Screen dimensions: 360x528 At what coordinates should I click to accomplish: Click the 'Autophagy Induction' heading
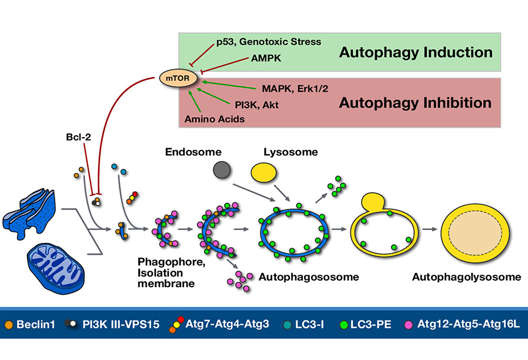coord(416,52)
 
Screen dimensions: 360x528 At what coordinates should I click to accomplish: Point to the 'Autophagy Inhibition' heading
coord(415,103)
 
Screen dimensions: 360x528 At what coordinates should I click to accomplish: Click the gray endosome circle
coord(222,171)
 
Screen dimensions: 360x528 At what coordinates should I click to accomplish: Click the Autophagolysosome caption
coord(450,276)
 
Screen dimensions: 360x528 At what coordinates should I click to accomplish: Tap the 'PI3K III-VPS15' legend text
coord(124,325)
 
